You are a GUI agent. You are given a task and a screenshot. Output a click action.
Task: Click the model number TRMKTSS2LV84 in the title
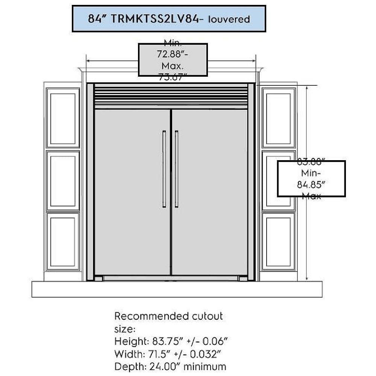click(155, 19)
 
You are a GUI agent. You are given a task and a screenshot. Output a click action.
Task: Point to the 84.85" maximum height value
click(311, 185)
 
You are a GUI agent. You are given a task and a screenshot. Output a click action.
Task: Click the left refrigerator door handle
click(164, 169)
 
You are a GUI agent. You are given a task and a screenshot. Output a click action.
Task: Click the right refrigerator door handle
click(177, 169)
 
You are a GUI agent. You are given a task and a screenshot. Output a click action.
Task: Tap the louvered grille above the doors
click(171, 97)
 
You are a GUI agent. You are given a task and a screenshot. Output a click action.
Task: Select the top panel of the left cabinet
click(63, 118)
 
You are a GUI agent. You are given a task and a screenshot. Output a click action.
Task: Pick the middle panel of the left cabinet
click(63, 180)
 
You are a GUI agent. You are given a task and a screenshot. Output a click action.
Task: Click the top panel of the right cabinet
click(279, 118)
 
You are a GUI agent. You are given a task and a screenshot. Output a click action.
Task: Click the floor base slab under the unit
click(177, 289)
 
